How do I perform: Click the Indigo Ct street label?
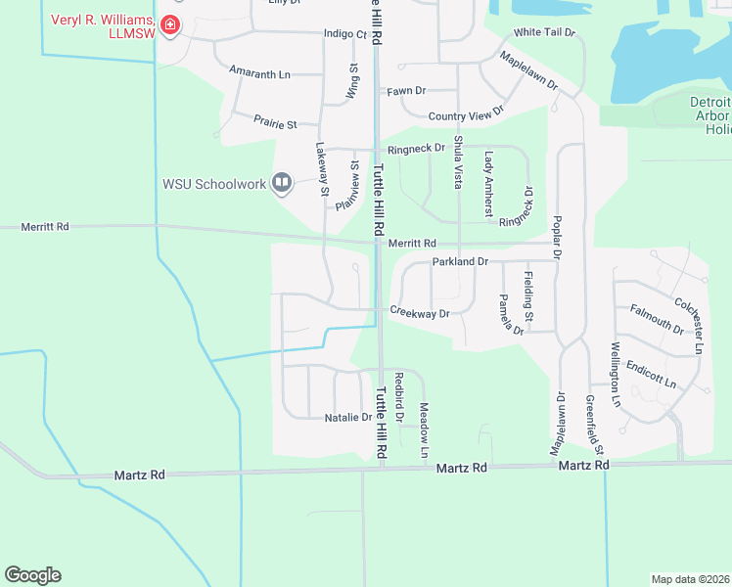tap(344, 34)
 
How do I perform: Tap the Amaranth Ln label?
tap(259, 73)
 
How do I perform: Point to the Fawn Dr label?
tap(406, 91)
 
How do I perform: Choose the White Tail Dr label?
tap(545, 32)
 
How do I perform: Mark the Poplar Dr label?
tap(558, 236)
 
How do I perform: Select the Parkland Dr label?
tap(459, 262)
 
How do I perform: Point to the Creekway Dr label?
tap(419, 313)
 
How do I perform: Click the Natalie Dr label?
tap(347, 417)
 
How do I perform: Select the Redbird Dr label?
tap(398, 396)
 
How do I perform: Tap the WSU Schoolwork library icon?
tap(282, 182)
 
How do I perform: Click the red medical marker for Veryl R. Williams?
tap(170, 24)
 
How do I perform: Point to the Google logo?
tap(32, 574)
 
